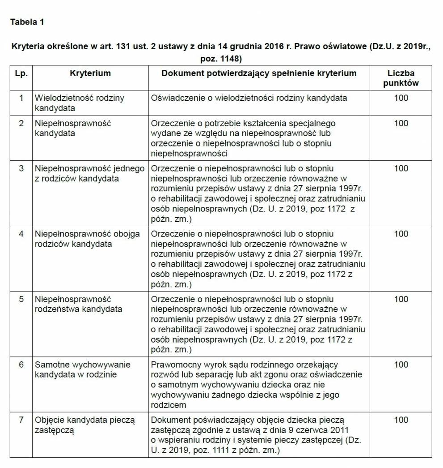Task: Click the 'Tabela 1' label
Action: tap(27, 22)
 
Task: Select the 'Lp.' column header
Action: tap(21, 73)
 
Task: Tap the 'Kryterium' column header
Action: tap(90, 73)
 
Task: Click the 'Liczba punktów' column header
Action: tap(401, 78)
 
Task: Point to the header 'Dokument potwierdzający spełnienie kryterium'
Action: tap(259, 73)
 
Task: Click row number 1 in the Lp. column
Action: tap(21, 98)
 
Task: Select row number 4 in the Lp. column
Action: tap(21, 234)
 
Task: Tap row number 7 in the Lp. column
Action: tap(21, 420)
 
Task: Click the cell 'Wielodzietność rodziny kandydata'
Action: tap(79, 103)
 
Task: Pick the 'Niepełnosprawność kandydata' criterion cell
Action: tap(72, 128)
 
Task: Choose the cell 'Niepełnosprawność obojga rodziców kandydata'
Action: tap(87, 239)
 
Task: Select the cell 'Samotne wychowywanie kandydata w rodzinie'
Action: tap(82, 369)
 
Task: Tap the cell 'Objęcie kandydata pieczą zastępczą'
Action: tap(84, 425)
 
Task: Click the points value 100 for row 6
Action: tap(401, 365)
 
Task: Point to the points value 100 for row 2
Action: tap(401, 123)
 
